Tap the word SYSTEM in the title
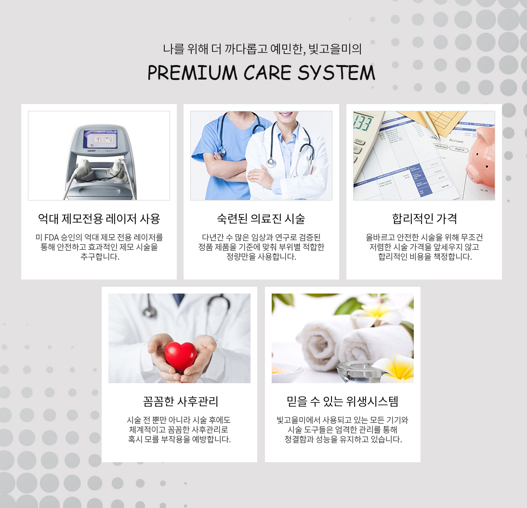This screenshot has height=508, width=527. point(336,72)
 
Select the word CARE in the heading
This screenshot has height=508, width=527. point(267,72)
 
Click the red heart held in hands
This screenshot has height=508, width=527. point(181,357)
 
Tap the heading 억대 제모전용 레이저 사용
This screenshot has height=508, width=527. point(99,219)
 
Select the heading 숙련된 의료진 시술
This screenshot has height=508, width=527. point(261,219)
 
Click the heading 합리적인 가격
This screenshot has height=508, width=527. point(424,219)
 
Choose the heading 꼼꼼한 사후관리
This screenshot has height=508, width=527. point(181,401)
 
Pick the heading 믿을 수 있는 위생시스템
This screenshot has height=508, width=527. point(343,401)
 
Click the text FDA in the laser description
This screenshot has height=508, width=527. point(52,237)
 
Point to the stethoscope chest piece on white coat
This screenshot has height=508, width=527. point(271,163)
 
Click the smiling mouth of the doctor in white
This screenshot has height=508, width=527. point(286,114)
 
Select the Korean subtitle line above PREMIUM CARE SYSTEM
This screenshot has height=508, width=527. point(262,49)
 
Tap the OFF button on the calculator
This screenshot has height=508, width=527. point(359,141)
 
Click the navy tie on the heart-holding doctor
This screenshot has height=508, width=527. point(178,298)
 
